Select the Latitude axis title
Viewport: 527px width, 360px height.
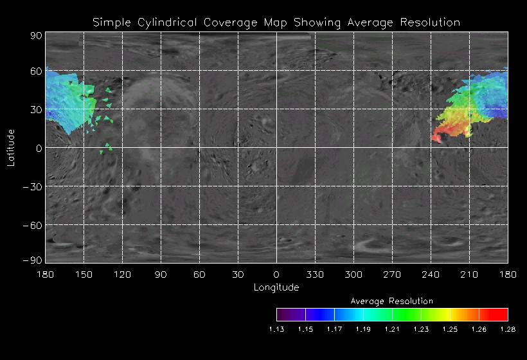coord(10,147)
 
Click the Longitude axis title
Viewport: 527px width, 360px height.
coord(276,287)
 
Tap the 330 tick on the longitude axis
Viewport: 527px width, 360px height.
coord(315,274)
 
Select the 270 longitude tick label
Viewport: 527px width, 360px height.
coord(392,274)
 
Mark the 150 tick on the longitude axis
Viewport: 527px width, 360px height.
coord(84,274)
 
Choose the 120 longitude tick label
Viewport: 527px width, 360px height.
coord(122,274)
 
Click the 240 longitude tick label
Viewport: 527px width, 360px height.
coord(431,274)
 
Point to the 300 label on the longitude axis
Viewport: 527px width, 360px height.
coord(353,274)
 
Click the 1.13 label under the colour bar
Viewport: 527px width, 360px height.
coord(276,329)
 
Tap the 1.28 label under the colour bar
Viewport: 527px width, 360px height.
coord(508,329)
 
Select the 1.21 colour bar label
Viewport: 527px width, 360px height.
coord(392,329)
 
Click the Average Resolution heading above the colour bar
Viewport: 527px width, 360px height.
coord(392,301)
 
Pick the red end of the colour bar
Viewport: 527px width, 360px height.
coord(501,314)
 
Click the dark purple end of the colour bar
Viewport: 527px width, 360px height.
coord(283,314)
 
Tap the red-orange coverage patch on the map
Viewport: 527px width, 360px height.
coord(441,136)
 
